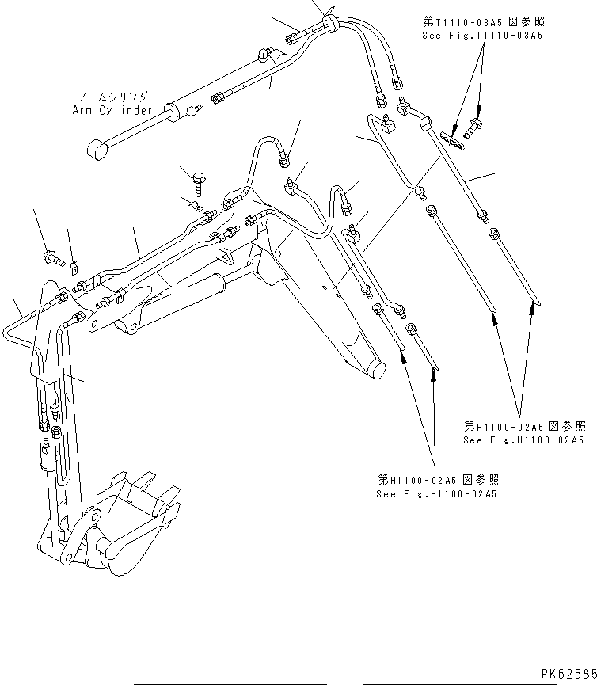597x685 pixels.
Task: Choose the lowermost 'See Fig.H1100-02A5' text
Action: pyautogui.click(x=437, y=494)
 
